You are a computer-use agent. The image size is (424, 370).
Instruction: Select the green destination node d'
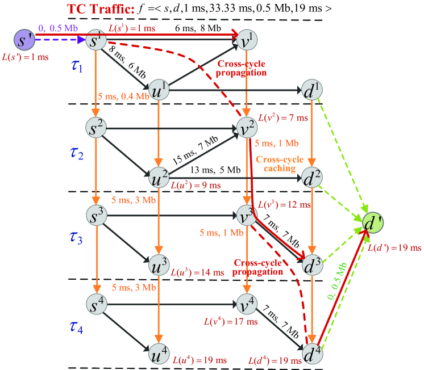click(x=374, y=221)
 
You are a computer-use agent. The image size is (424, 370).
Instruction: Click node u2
click(x=160, y=177)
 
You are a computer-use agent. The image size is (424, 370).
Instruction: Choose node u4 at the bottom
click(x=160, y=352)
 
